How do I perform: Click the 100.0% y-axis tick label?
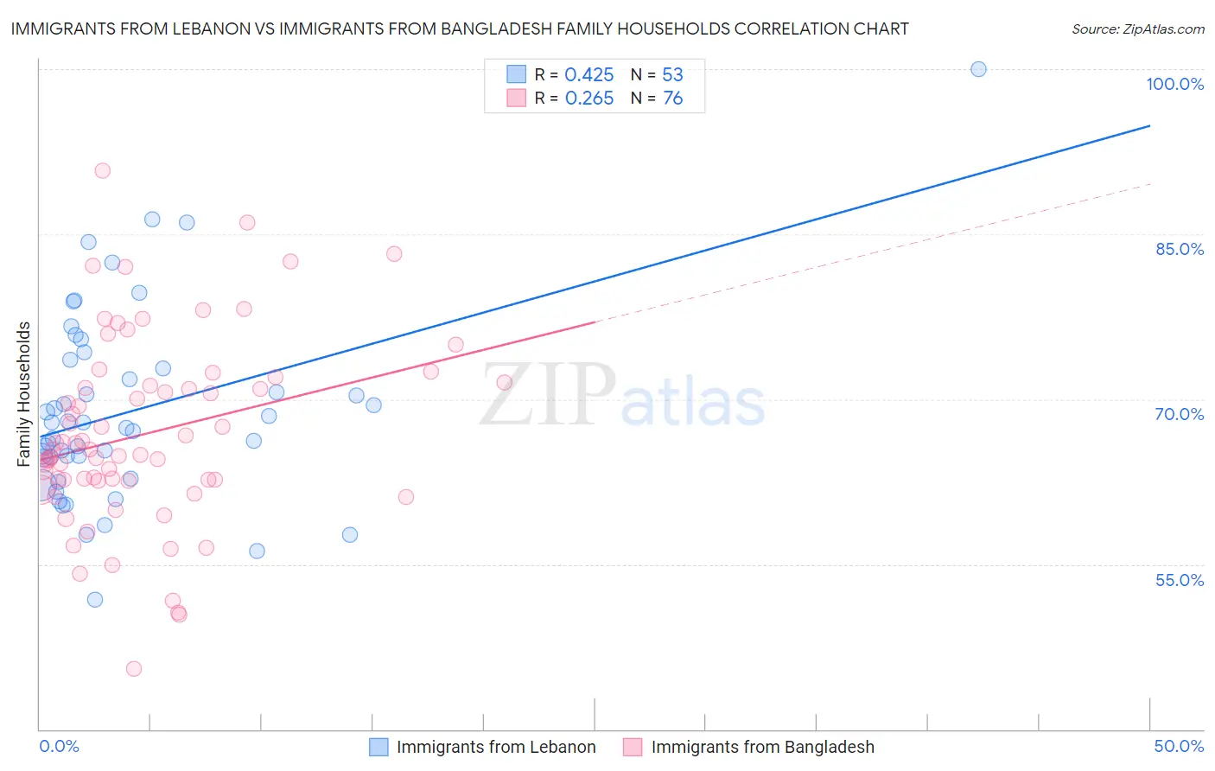1174,84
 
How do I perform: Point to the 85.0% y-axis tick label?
1179,249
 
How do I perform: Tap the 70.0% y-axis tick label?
1179,414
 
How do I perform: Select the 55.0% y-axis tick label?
1179,580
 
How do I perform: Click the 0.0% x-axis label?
59,746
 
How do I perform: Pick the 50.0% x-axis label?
1178,746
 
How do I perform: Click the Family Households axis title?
23,394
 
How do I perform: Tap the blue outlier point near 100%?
978,69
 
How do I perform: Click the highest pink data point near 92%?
103,170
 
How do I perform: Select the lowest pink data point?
134,668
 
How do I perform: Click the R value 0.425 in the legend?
588,74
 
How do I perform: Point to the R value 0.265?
588,99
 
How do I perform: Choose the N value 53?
672,74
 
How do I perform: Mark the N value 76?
672,99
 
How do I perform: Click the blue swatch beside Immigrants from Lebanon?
378,747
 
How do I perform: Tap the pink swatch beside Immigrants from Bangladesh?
633,747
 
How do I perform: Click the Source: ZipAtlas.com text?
1137,29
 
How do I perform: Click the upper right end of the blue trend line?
1149,126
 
